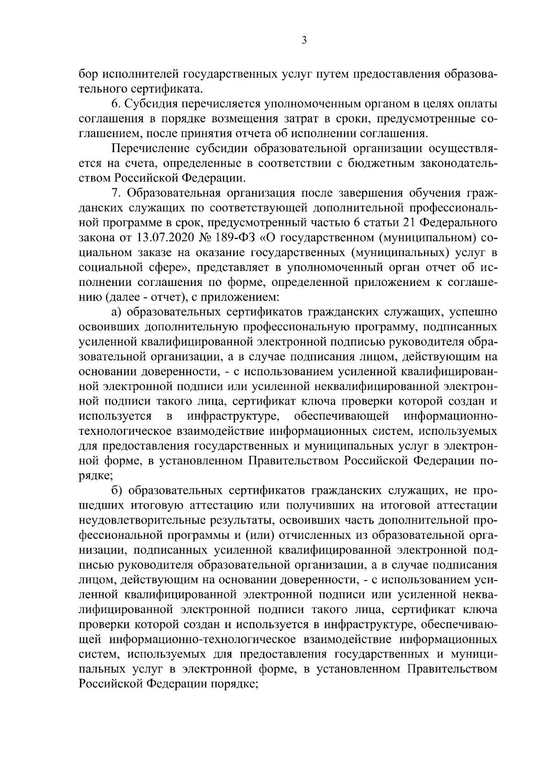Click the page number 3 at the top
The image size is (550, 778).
pos(304,41)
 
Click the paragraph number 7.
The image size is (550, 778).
pos(115,193)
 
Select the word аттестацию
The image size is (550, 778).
pos(219,506)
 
